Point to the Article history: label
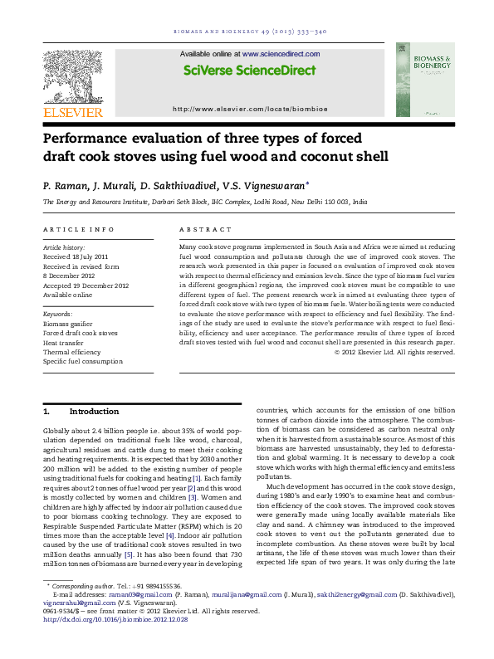click(x=63, y=247)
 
